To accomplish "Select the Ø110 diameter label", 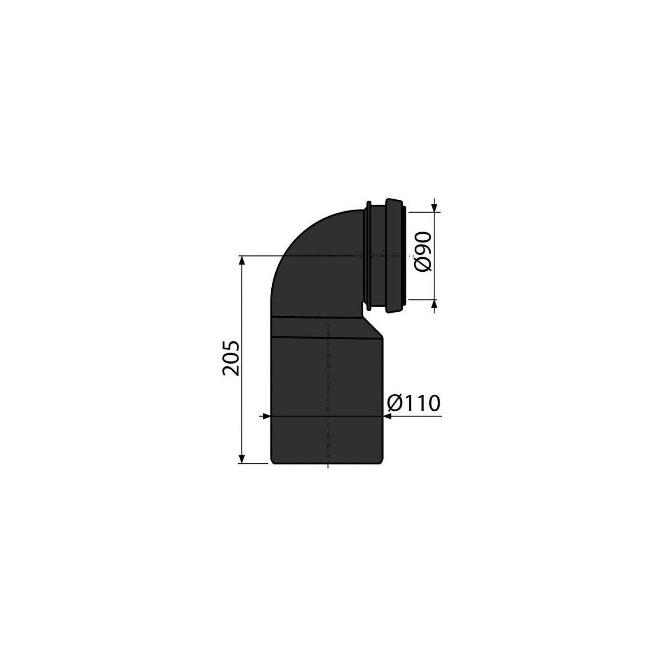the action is click(x=413, y=403).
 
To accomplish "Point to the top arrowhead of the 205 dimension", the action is click(x=242, y=261).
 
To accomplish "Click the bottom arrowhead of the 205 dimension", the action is click(x=242, y=458).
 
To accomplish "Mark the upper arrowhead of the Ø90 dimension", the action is click(x=434, y=207).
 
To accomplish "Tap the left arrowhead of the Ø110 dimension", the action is click(x=265, y=416).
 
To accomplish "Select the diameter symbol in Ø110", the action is click(x=395, y=403).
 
